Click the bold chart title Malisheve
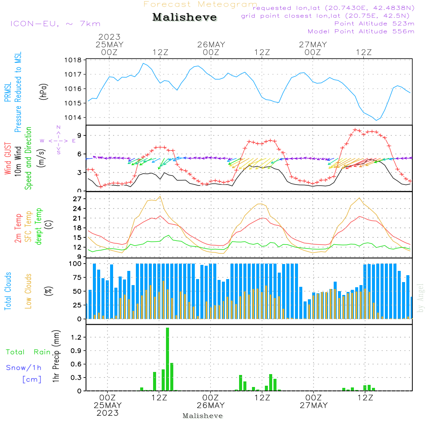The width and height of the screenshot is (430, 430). click(184, 18)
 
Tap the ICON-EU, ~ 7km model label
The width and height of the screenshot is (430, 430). click(55, 24)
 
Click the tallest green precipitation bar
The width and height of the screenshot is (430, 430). click(167, 359)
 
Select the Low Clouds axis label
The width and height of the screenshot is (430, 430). click(29, 291)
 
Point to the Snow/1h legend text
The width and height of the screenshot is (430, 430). click(24, 368)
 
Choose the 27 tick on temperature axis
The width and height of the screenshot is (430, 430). click(77, 199)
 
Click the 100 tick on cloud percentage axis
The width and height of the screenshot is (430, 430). click(75, 264)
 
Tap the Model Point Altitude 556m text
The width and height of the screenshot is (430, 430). click(361, 31)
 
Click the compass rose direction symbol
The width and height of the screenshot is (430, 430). click(58, 140)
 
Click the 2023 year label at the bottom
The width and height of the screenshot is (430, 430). click(108, 413)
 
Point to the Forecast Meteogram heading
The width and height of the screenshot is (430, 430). click(200, 4)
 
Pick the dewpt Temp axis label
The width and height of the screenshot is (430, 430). click(39, 227)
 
